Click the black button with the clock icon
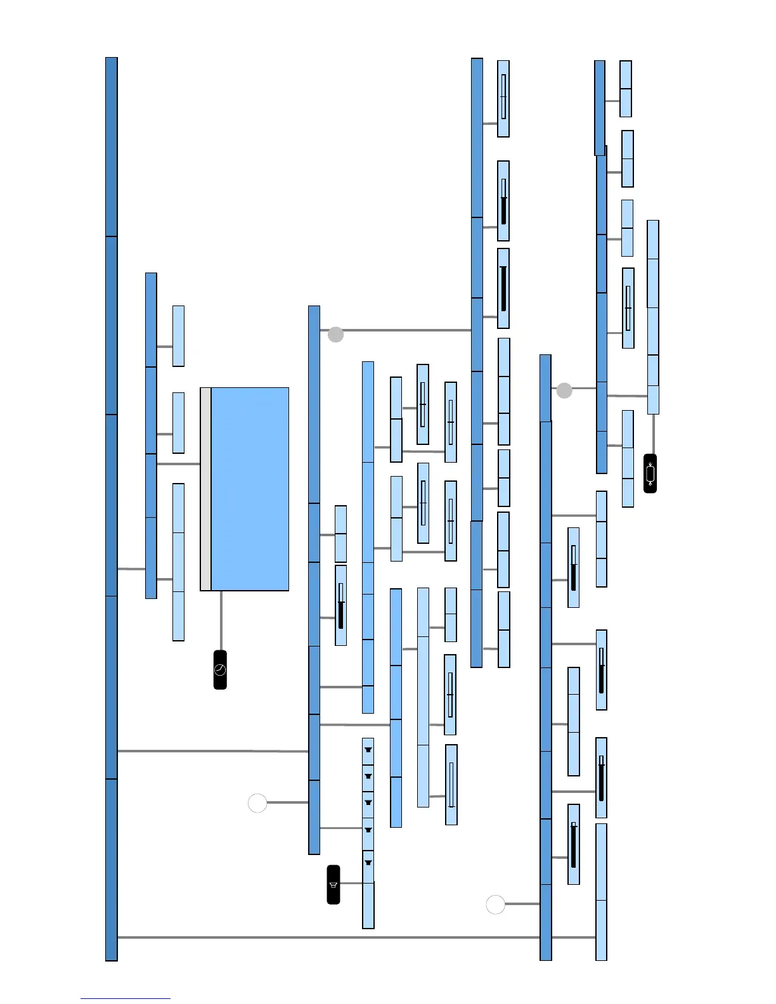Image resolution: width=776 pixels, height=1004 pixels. click(220, 669)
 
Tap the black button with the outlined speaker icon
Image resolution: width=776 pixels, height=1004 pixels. click(333, 884)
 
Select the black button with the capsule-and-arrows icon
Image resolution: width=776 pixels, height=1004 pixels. click(650, 473)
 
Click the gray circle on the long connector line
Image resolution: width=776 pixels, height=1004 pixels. click(335, 334)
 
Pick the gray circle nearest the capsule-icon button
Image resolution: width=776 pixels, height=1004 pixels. click(564, 390)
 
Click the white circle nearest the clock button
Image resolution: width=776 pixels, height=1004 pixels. click(257, 802)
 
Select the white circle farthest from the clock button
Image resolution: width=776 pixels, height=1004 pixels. click(495, 904)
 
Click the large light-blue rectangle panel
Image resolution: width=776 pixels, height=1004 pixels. click(250, 489)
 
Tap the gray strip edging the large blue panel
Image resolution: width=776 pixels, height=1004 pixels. click(205, 489)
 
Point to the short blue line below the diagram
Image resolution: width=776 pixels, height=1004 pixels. click(125, 998)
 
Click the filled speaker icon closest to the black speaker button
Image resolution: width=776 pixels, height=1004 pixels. click(368, 863)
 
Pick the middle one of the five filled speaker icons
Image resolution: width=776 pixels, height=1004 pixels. click(368, 802)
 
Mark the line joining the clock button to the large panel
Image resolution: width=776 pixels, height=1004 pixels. click(221, 621)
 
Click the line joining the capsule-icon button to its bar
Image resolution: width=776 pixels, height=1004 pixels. click(653, 434)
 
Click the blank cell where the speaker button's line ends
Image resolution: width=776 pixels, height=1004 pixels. click(368, 905)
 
